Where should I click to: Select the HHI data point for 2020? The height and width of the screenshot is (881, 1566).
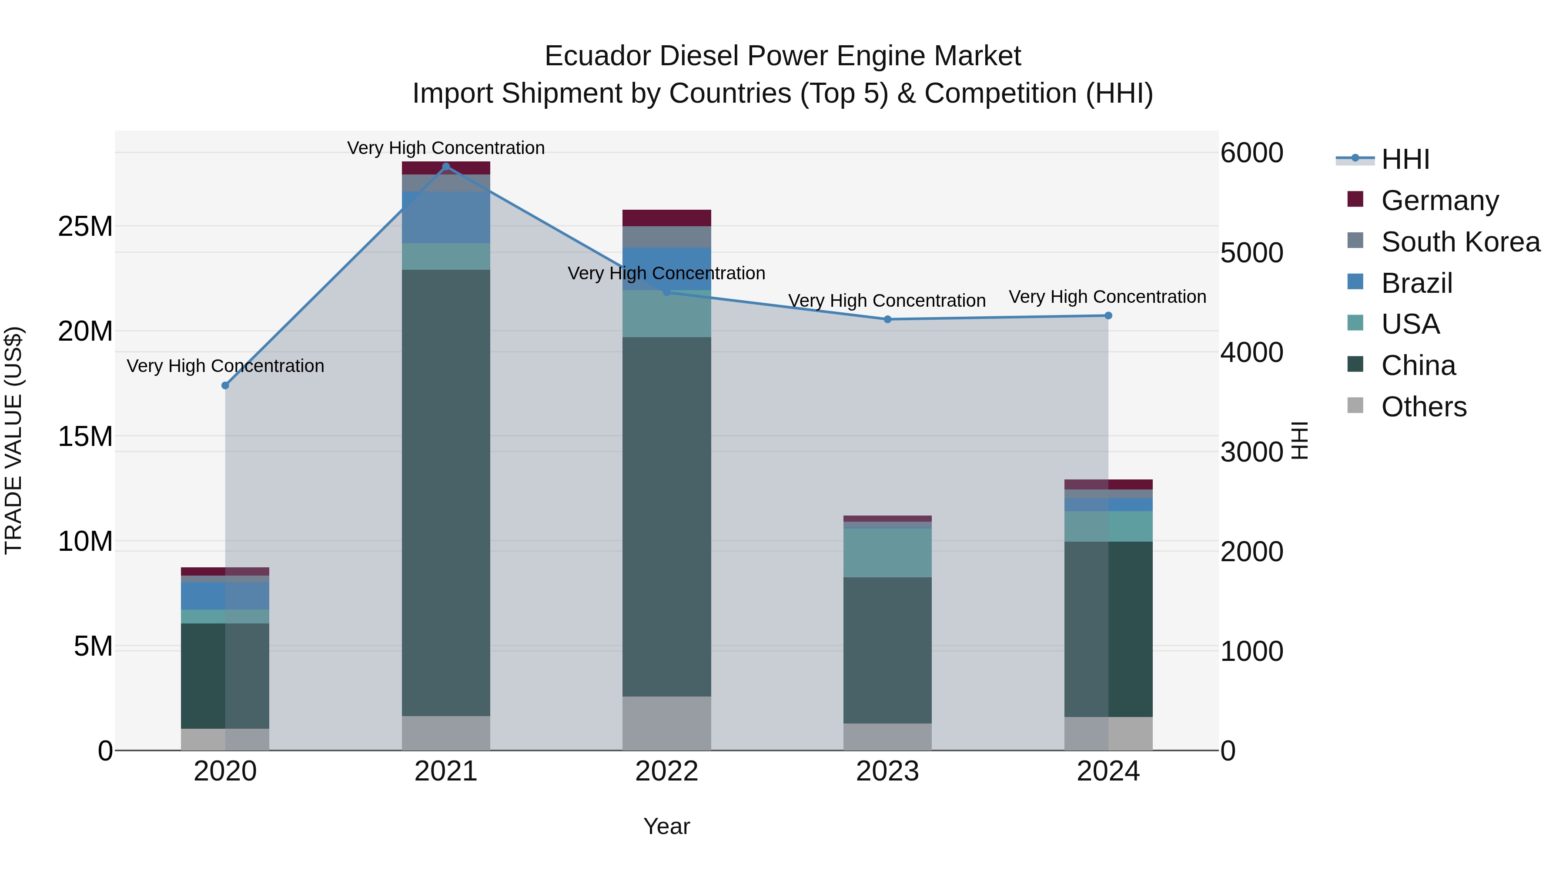[x=225, y=385]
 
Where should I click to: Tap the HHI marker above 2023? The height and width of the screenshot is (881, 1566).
[x=887, y=319]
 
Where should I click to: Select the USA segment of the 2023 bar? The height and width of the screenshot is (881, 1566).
[x=887, y=553]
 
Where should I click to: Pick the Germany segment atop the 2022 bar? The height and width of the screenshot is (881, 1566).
[x=666, y=218]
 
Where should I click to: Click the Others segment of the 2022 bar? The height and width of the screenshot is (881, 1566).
[x=666, y=723]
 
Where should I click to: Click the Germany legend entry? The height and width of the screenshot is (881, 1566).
[x=1439, y=201]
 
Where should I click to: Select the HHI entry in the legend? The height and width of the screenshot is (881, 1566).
[x=1404, y=159]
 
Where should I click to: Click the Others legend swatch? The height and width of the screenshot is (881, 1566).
[x=1355, y=405]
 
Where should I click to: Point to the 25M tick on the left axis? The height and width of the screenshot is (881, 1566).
[x=85, y=227]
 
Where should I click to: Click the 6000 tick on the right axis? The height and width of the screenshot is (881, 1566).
[x=1251, y=153]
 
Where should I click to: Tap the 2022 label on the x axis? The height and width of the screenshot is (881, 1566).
[x=666, y=771]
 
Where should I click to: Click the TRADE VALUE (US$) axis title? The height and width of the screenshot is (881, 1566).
[x=13, y=440]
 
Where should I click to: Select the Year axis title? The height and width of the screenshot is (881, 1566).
[x=666, y=826]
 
